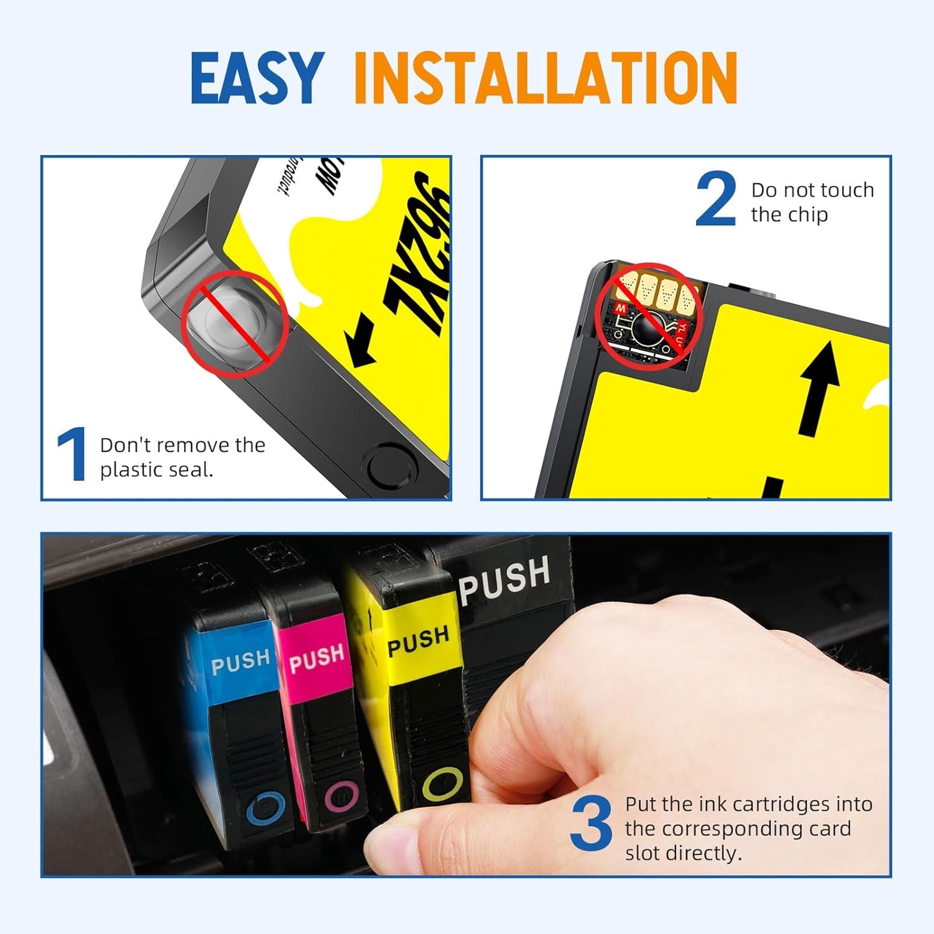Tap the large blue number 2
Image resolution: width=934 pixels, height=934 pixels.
[x=716, y=199]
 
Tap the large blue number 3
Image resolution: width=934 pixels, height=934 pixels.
[x=591, y=824]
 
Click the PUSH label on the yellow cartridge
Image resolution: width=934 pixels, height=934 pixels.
[x=418, y=640]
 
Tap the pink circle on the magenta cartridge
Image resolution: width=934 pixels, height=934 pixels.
[x=341, y=795]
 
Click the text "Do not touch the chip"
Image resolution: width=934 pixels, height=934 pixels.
[x=812, y=202]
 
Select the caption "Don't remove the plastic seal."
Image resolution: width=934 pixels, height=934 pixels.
[x=182, y=457]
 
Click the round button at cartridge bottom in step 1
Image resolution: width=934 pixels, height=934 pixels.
[x=392, y=464]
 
